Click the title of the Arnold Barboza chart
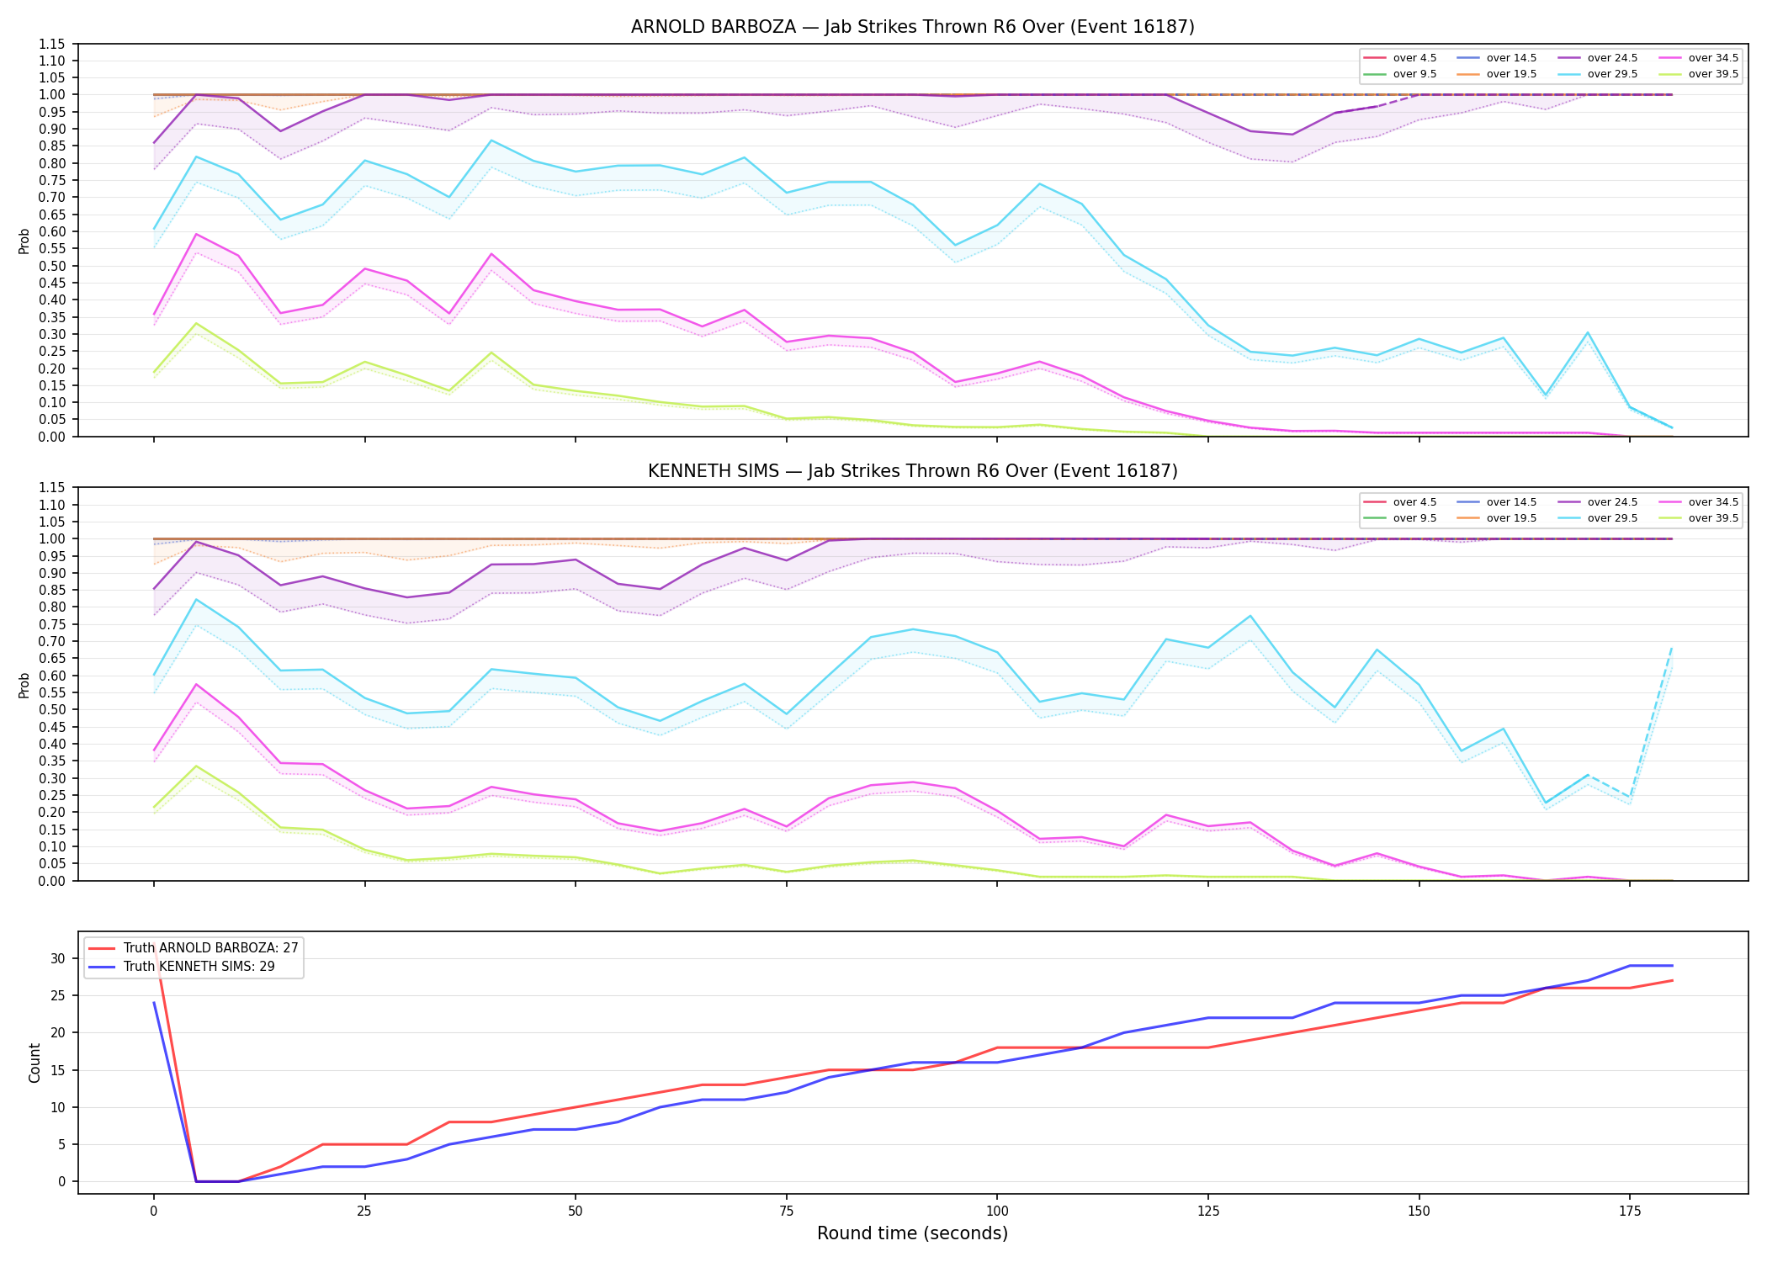tap(912, 27)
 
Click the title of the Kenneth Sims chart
tap(912, 471)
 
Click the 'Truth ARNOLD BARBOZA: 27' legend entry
tap(194, 948)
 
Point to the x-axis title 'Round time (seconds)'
tap(912, 1233)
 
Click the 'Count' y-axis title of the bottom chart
tap(34, 1063)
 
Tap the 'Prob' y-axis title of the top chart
tap(24, 241)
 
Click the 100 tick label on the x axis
tap(997, 1212)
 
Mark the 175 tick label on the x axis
tap(1630, 1212)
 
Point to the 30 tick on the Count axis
tap(58, 958)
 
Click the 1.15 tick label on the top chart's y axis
tap(51, 44)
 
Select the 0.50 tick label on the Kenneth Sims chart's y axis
tap(51, 709)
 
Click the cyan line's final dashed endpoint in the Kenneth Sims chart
tap(1672, 647)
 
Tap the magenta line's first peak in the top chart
tap(196, 234)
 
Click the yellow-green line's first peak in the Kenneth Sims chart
tap(196, 766)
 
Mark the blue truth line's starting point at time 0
tap(154, 1003)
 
